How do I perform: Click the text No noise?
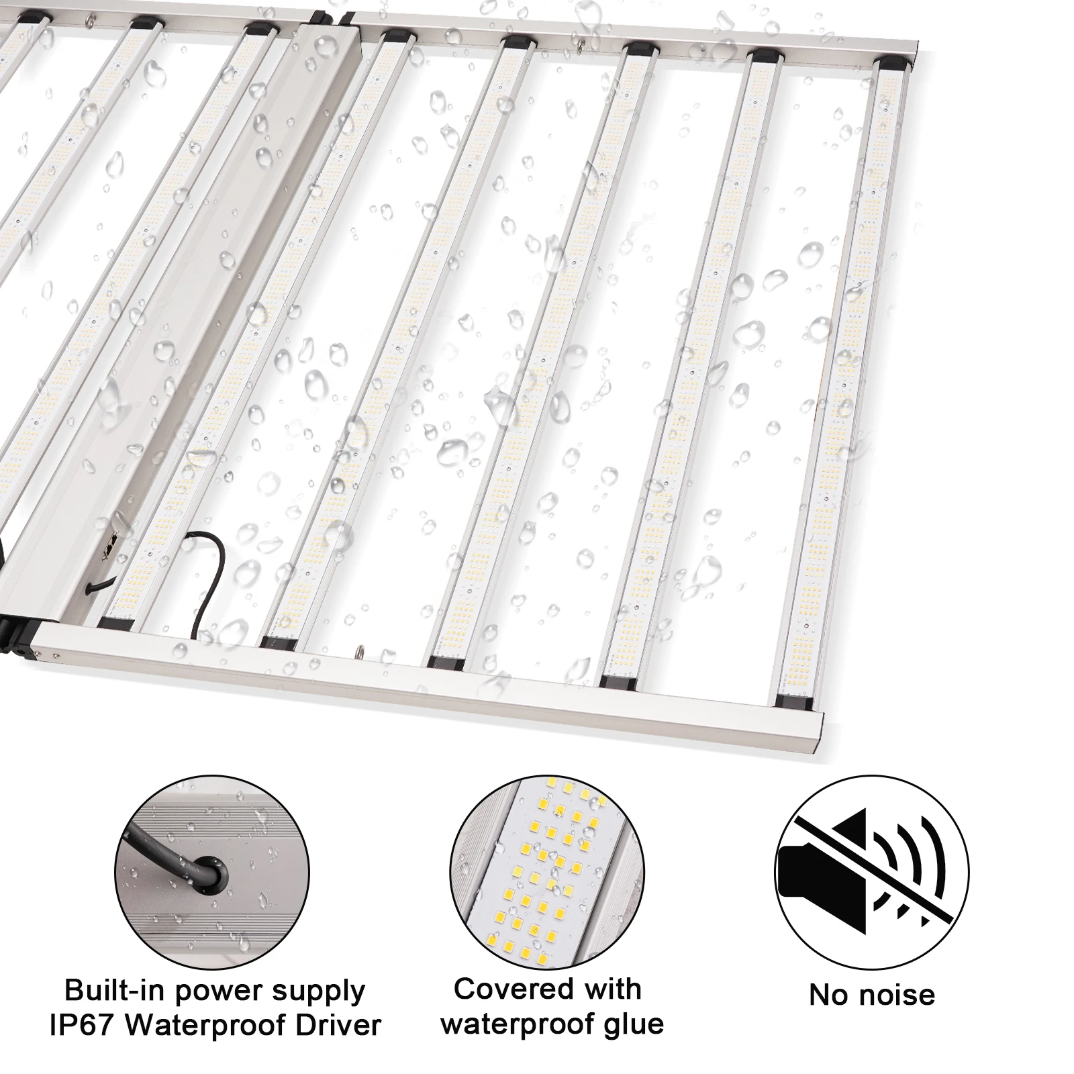click(x=872, y=995)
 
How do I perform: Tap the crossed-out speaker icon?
click(x=872, y=872)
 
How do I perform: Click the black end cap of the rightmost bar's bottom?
click(x=797, y=701)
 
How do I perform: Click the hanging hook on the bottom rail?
click(x=358, y=650)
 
